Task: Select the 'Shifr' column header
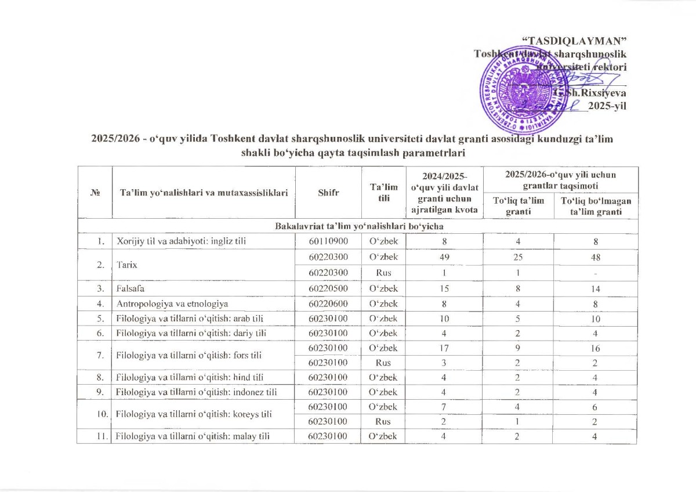(328, 192)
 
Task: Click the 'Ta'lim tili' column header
(384, 192)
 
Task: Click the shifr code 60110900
(328, 241)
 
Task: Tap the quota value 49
(443, 256)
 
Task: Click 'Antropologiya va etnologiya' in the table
(172, 303)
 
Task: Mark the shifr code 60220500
(328, 288)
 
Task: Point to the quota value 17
(443, 349)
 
